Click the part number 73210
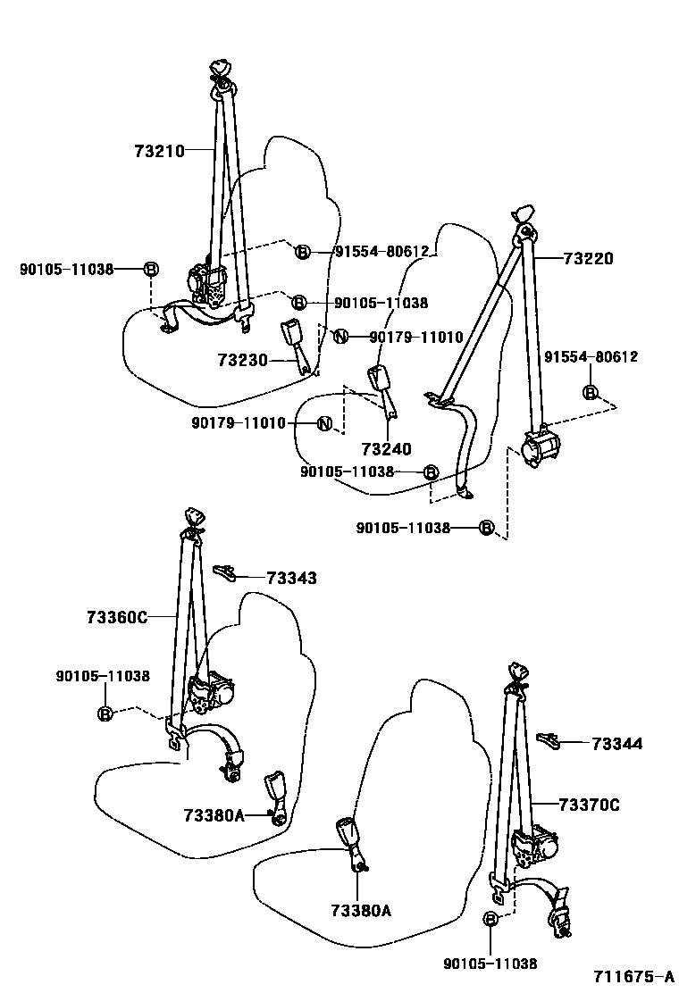coord(159,151)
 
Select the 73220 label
coord(588,259)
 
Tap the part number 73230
coord(242,360)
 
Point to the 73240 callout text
coord(386,448)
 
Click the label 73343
coord(291,579)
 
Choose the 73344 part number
coord(616,743)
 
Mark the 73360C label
coord(117,617)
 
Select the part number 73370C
coord(589,805)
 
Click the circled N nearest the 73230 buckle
coord(339,337)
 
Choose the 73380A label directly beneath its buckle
coord(361,910)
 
